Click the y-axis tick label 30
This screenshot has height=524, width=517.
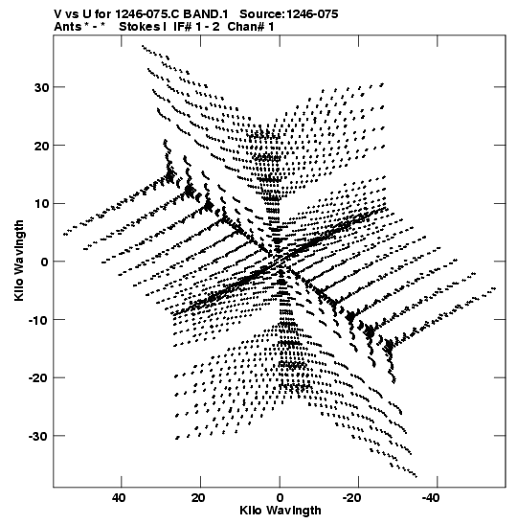tap(41, 87)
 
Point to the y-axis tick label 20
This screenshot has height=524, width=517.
tap(41, 146)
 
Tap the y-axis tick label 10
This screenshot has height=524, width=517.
tap(41, 204)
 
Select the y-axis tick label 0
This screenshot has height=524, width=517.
tap(45, 262)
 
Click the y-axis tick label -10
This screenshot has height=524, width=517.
tap(38, 320)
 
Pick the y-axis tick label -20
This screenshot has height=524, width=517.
tap(38, 378)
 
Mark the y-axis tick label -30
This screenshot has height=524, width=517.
tap(38, 437)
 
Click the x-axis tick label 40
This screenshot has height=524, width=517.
tap(120, 498)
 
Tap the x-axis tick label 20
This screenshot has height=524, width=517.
tap(198, 498)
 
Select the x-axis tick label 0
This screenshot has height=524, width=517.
tap(280, 498)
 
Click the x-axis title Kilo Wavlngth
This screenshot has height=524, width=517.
tap(281, 511)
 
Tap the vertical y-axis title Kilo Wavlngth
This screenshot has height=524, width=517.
tap(19, 261)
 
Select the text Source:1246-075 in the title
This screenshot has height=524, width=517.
tap(289, 14)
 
